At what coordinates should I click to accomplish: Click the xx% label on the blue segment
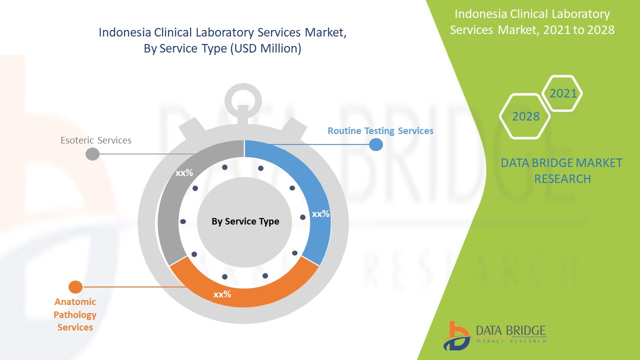[x=320, y=214]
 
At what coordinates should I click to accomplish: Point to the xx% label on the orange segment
[x=222, y=294]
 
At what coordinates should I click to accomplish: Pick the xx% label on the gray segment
[x=184, y=173]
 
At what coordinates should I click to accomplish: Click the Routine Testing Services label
[x=380, y=131]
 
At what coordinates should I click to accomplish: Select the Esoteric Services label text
[x=96, y=140]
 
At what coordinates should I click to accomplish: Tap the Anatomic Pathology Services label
[x=75, y=314]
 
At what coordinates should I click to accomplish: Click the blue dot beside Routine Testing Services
[x=376, y=144]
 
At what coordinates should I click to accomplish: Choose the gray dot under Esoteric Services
[x=92, y=154]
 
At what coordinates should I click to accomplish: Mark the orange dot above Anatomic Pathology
[x=75, y=287]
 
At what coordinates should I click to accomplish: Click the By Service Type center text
[x=245, y=221]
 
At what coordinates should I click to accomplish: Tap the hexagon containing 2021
[x=562, y=93]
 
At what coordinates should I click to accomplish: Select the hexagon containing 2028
[x=525, y=116]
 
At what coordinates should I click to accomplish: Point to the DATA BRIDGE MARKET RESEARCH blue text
[x=561, y=170]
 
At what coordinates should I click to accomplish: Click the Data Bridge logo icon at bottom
[x=456, y=335]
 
